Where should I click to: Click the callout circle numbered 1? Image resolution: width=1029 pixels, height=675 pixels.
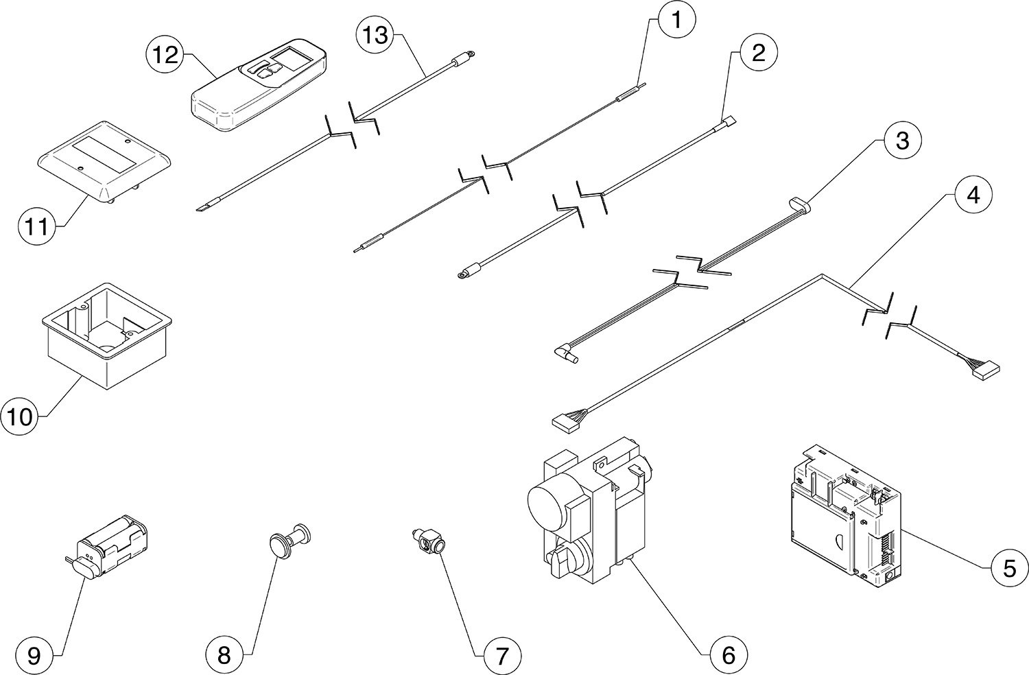click(676, 20)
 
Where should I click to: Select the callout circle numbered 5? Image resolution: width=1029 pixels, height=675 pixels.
click(1009, 568)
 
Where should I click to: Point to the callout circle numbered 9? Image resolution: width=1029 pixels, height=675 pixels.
click(34, 655)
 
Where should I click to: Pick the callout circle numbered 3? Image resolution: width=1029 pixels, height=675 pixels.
click(902, 141)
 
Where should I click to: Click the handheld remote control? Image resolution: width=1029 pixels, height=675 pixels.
click(259, 87)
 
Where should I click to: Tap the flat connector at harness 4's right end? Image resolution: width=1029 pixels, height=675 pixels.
click(985, 370)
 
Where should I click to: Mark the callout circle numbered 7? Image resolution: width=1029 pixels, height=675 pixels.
click(501, 655)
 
